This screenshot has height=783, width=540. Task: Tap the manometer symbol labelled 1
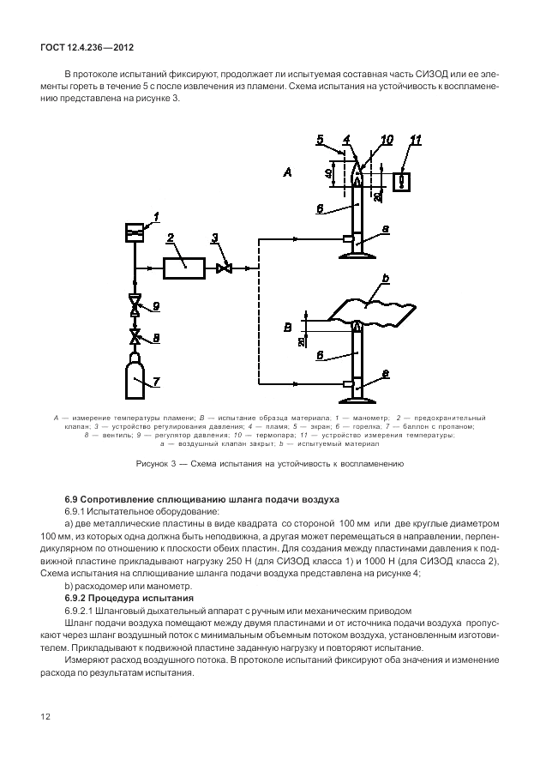pos(134,232)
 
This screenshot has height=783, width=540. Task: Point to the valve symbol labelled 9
pos(134,304)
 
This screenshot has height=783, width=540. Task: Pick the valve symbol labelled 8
pos(134,337)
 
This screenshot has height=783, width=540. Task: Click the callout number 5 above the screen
pos(319,140)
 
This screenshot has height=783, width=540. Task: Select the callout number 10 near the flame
pos(387,139)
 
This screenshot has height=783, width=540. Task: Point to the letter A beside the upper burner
pos(288,173)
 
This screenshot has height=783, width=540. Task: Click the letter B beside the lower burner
pos(289,327)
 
